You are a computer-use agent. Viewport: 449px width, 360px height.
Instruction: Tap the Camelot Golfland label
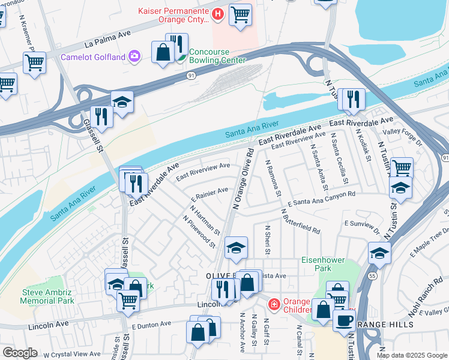click(x=93, y=57)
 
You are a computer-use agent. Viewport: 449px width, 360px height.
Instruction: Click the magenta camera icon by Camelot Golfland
click(x=134, y=56)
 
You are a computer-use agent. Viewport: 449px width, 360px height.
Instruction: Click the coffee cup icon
click(x=344, y=320)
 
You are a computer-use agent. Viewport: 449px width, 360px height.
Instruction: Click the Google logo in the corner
click(x=20, y=353)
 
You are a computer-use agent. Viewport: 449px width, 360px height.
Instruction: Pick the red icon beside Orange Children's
click(x=274, y=305)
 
